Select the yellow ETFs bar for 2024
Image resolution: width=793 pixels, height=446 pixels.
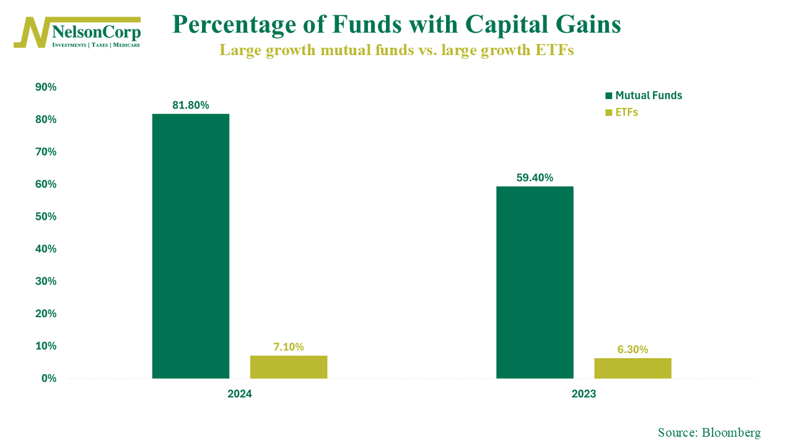pyautogui.click(x=288, y=367)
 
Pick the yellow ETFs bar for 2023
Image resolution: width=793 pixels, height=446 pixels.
pyautogui.click(x=633, y=368)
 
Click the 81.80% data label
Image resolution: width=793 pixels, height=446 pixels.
pyautogui.click(x=190, y=105)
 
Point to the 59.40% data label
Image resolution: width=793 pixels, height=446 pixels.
pyautogui.click(x=535, y=178)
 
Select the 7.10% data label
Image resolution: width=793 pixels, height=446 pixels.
pyautogui.click(x=288, y=347)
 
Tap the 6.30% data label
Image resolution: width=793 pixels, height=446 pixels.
pyautogui.click(x=633, y=349)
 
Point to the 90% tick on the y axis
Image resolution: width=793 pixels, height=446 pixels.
pyautogui.click(x=46, y=87)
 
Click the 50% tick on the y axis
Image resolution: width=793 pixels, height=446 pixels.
pyautogui.click(x=46, y=217)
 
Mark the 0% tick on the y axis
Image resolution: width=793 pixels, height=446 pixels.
pyautogui.click(x=48, y=378)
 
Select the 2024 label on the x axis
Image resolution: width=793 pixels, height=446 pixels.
pyautogui.click(x=240, y=394)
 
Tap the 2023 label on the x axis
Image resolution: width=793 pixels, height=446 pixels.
pyautogui.click(x=584, y=394)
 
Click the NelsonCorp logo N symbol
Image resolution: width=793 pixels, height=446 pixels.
pyautogui.click(x=31, y=32)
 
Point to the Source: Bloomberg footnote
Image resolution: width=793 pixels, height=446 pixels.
pyautogui.click(x=709, y=432)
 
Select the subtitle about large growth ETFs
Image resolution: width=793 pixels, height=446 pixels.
pyautogui.click(x=396, y=50)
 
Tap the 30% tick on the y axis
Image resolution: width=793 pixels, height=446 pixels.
pyautogui.click(x=46, y=281)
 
